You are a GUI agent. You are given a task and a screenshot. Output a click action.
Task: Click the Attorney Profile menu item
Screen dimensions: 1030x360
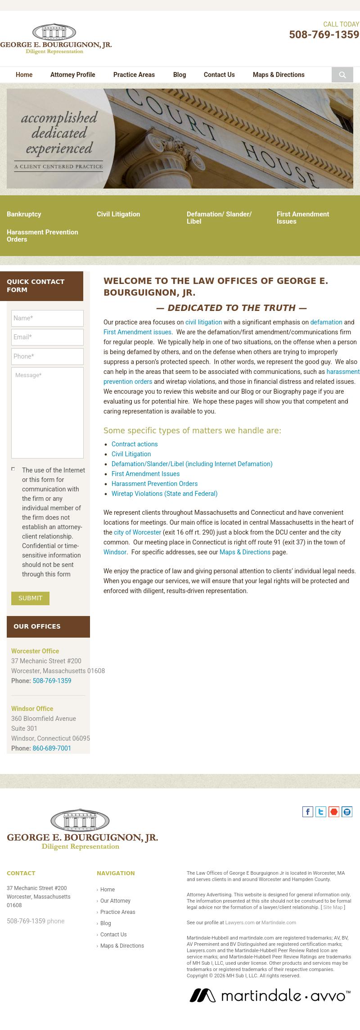point(72,75)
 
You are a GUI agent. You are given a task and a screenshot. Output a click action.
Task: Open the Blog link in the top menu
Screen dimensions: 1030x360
point(179,75)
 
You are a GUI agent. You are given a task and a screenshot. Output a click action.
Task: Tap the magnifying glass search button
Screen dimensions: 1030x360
point(342,75)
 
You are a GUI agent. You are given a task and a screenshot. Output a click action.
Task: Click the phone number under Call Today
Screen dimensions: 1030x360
point(324,35)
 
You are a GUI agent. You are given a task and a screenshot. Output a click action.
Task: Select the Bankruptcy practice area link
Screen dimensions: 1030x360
point(24,214)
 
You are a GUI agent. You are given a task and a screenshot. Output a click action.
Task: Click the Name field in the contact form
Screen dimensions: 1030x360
point(47,318)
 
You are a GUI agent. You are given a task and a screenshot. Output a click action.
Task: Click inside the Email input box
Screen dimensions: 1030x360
point(47,337)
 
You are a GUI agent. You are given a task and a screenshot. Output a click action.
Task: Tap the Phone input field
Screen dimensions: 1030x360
point(47,356)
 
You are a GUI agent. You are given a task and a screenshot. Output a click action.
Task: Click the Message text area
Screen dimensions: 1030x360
point(47,413)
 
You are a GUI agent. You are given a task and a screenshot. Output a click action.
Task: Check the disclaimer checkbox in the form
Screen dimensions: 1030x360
point(13,469)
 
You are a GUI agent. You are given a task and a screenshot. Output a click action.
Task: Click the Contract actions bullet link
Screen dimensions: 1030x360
point(135,444)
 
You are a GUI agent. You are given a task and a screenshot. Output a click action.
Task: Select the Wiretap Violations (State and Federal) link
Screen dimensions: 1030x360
point(164,494)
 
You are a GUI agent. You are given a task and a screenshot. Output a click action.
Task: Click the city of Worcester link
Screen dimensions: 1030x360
point(137,532)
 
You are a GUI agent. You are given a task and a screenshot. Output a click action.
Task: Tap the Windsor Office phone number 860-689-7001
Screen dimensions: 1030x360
point(52,748)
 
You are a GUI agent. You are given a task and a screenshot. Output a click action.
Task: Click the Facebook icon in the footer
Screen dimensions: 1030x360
point(308,812)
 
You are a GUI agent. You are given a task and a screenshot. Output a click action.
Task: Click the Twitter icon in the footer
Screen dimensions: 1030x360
point(321,812)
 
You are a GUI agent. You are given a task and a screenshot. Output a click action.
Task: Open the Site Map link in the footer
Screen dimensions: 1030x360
point(333,907)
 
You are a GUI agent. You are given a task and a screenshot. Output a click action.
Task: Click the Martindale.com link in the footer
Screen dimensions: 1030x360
point(279,922)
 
